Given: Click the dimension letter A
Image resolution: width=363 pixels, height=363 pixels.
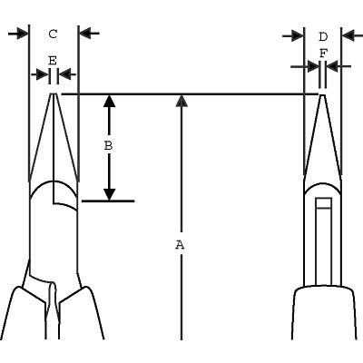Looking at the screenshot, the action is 180,245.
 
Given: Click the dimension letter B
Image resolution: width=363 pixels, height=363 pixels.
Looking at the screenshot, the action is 108,146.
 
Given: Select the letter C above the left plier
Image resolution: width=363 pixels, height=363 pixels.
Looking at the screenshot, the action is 53,34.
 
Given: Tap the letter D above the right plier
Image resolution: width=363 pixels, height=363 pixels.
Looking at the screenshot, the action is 323,37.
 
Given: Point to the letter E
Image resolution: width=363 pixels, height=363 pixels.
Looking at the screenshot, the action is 53,61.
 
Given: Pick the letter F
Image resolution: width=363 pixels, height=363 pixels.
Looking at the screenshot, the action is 323,54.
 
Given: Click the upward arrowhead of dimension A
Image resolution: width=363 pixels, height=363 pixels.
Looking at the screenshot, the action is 181,101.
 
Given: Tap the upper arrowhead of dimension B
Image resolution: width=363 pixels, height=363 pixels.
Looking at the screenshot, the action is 109,101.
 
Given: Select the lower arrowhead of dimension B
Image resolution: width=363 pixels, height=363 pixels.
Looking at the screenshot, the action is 109,194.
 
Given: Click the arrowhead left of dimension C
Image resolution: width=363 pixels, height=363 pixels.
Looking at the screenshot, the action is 23,34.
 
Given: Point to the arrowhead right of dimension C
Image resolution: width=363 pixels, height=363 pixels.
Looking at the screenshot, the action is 85,34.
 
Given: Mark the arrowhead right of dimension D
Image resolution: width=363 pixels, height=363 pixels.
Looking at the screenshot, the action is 348,36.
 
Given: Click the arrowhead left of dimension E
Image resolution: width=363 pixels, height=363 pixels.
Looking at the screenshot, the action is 43,74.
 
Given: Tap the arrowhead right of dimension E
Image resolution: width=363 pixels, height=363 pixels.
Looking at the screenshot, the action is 64,74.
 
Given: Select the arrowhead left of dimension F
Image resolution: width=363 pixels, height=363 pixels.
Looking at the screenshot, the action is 313,66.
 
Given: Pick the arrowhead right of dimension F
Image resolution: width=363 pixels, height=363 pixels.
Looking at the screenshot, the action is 332,66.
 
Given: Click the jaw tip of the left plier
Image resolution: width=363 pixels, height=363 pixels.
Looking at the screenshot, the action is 54,93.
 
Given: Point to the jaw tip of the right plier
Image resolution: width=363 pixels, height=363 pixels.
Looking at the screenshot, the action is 322,95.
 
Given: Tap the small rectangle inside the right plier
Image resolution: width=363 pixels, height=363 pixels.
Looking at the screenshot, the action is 323,203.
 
